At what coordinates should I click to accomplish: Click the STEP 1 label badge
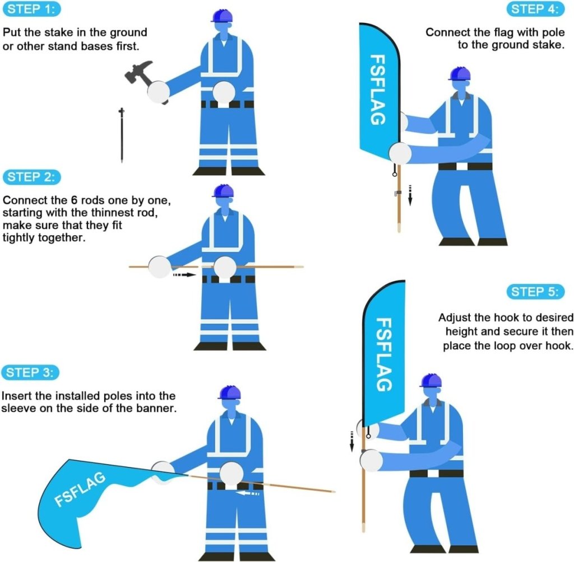point(31,10)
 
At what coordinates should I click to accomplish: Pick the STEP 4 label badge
point(535,10)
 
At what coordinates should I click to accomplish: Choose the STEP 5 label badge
point(536,292)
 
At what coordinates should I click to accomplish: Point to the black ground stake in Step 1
point(121,135)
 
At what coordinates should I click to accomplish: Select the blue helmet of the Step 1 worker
point(222,16)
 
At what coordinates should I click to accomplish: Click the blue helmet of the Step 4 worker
point(459,74)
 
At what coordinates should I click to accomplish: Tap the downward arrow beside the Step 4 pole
point(410,195)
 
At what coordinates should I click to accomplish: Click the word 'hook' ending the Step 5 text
point(560,345)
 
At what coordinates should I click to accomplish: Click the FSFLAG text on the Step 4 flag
point(377,90)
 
